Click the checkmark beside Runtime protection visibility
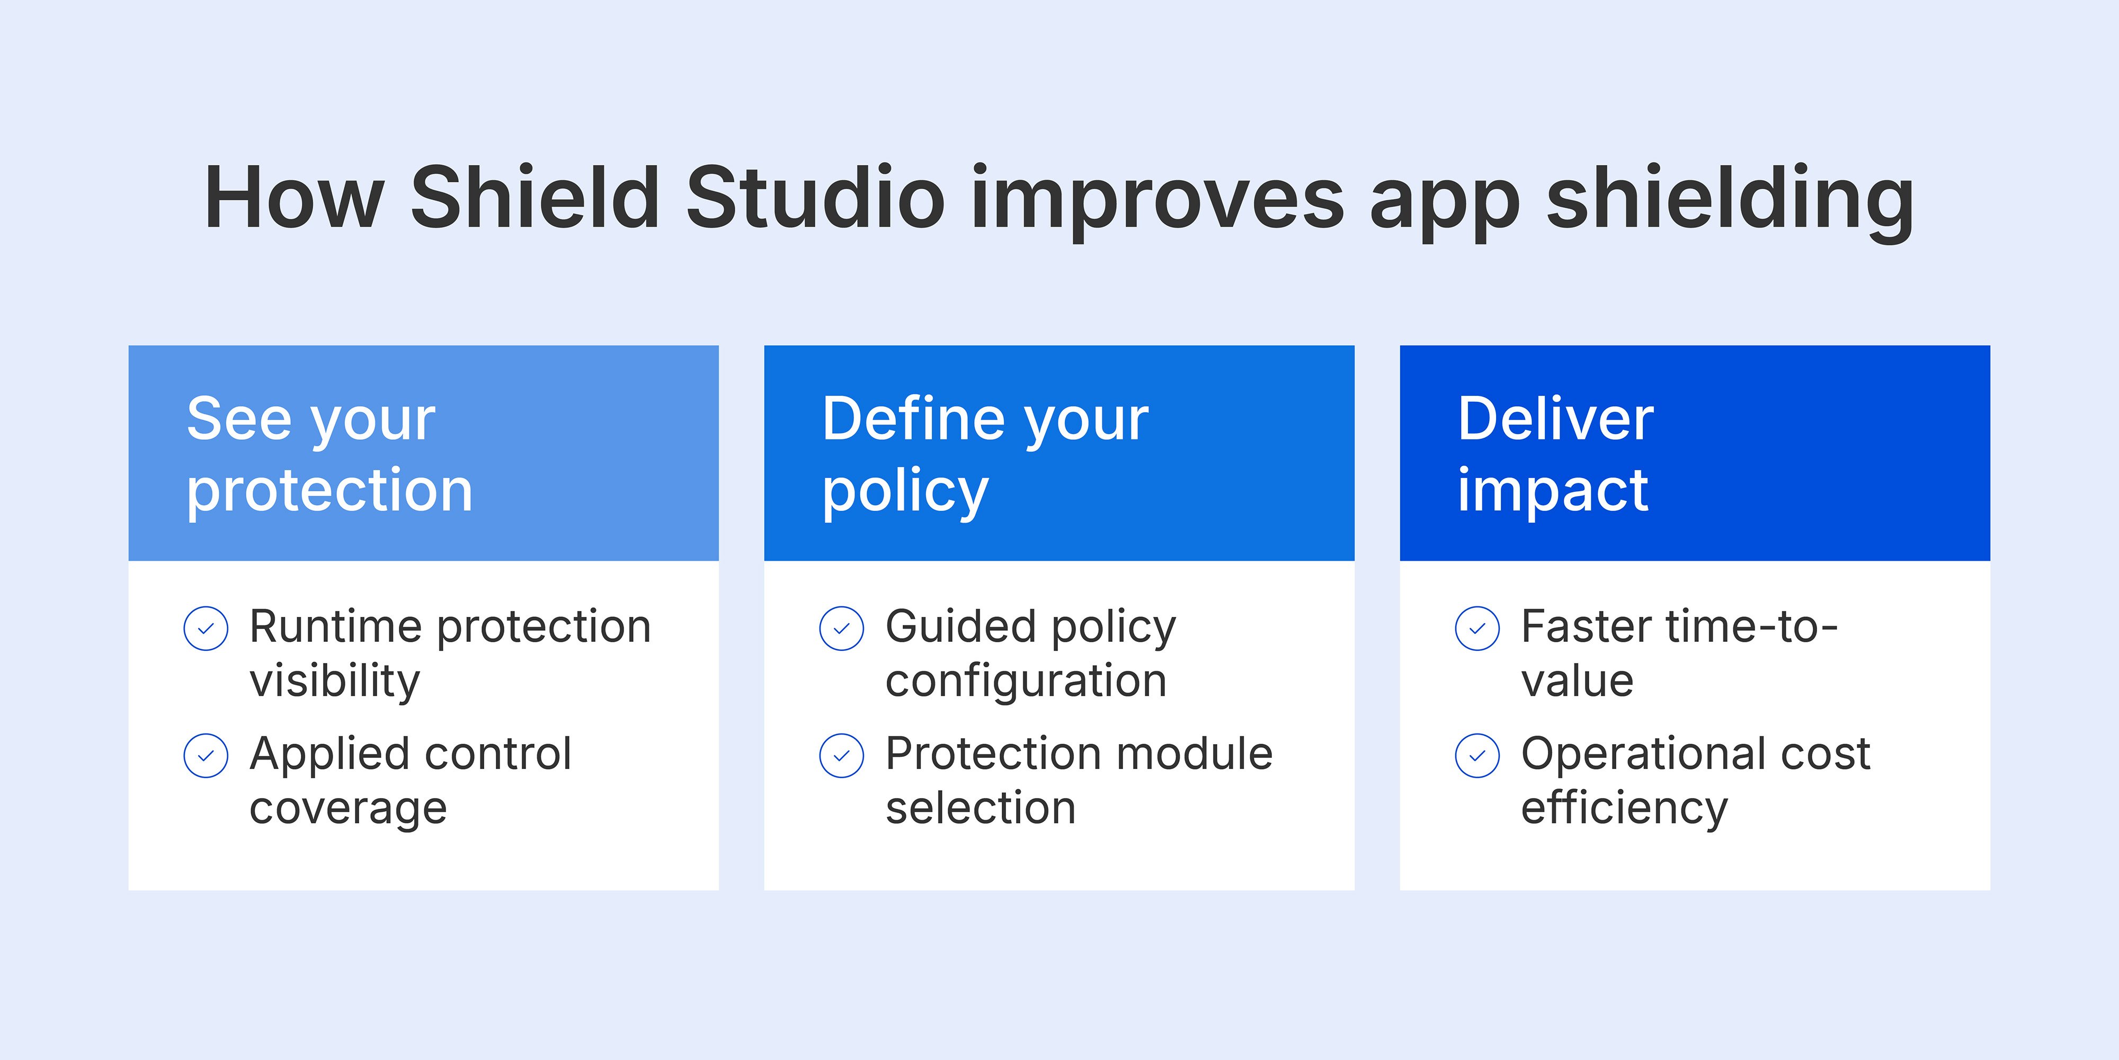click(x=206, y=629)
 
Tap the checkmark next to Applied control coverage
click(x=206, y=755)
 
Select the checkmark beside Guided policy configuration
click(x=842, y=629)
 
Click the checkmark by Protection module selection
click(x=842, y=755)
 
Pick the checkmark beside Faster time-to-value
click(x=1477, y=629)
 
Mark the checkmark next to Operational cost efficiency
click(x=1477, y=755)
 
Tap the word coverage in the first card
click(x=348, y=809)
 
